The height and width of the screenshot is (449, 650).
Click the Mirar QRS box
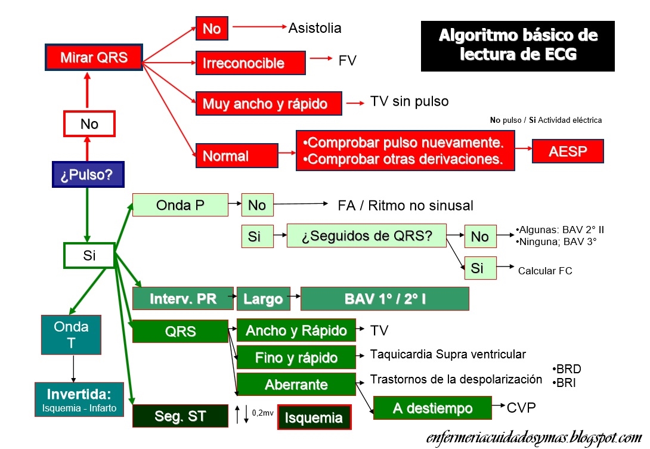(94, 58)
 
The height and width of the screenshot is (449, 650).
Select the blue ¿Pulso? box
(88, 174)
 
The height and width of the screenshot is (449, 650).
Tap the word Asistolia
(315, 28)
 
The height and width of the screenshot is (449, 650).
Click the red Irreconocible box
(250, 63)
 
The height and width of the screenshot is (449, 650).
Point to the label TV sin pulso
(409, 101)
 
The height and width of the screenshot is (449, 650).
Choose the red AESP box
(568, 151)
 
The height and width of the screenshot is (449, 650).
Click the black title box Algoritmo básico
(518, 45)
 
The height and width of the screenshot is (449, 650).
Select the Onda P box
(180, 205)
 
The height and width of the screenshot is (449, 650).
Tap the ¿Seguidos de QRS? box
(367, 236)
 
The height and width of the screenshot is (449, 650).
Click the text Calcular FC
(545, 271)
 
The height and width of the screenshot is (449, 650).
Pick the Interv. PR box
(182, 299)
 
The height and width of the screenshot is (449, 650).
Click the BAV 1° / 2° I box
(385, 299)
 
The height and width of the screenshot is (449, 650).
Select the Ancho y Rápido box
(296, 330)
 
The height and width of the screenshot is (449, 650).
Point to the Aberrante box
(296, 385)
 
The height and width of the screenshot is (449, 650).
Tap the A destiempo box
(432, 408)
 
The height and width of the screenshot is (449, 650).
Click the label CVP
(521, 407)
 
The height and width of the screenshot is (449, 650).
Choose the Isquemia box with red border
(314, 417)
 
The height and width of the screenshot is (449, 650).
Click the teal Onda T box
(71, 335)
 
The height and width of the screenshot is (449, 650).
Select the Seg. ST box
(180, 416)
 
